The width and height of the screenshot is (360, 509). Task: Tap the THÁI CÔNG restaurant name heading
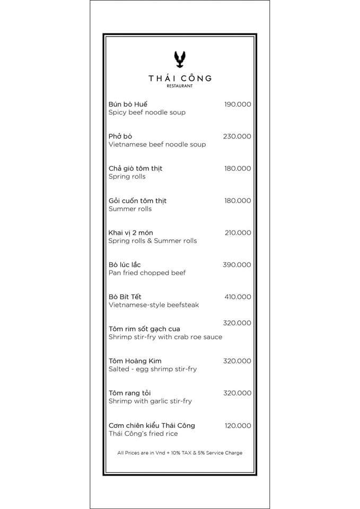[180, 78]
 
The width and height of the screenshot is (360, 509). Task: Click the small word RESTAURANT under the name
[180, 85]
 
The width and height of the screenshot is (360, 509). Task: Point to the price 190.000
[237, 104]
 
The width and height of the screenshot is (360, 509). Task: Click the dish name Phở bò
[120, 136]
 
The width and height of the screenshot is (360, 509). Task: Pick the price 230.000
[236, 136]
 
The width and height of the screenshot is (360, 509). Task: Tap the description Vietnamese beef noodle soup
[157, 144]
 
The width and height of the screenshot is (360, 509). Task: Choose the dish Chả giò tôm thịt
[135, 169]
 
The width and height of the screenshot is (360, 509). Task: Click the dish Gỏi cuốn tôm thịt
[137, 200]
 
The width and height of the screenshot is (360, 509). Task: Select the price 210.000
[237, 233]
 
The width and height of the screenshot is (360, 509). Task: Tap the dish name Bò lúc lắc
[125, 265]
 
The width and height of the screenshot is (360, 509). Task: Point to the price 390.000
[236, 265]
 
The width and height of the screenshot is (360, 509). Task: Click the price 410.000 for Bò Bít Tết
[237, 297]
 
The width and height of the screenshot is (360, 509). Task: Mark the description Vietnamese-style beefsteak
[154, 305]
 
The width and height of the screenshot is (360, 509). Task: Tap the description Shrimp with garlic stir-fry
[150, 401]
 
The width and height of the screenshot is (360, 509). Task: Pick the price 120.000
[237, 425]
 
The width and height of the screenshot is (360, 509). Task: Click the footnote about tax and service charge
[180, 453]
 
